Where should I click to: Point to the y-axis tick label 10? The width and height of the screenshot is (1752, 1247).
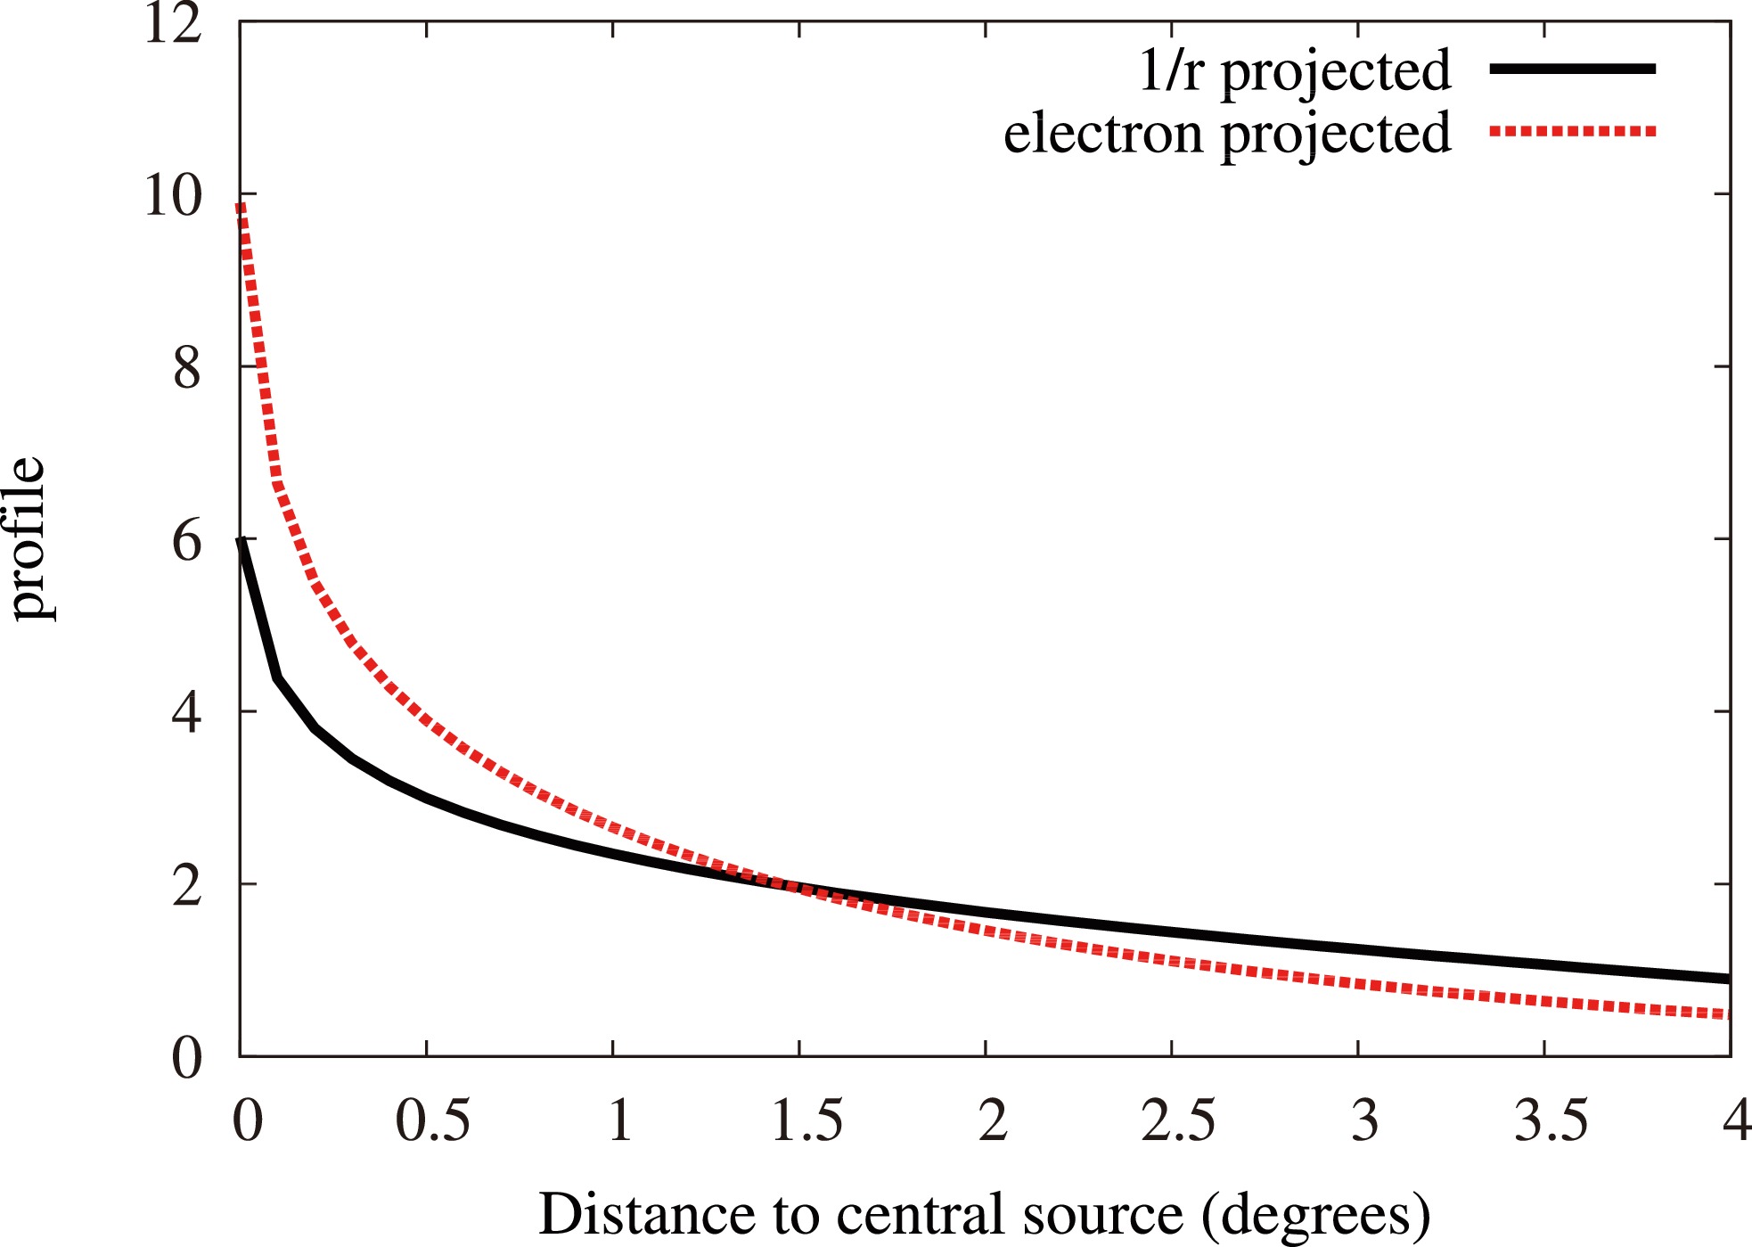coord(173,195)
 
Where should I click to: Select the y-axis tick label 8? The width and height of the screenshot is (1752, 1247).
coord(187,368)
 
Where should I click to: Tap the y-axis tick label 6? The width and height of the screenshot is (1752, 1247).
coord(187,541)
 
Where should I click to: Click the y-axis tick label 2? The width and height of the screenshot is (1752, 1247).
coord(187,886)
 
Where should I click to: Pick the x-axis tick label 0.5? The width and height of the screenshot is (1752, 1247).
coord(432,1120)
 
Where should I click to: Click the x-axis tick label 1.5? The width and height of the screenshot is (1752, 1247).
coord(806,1120)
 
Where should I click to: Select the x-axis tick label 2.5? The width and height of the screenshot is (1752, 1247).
coord(1178,1120)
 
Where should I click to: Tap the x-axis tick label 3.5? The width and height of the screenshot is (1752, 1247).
coord(1551,1120)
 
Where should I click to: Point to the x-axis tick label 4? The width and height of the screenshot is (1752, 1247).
coord(1736,1120)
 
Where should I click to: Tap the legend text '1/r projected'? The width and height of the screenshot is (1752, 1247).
coord(1295,70)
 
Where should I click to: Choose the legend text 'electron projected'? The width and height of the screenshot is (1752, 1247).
coord(1227,135)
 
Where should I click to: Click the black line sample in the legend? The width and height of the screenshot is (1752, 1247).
coord(1572,69)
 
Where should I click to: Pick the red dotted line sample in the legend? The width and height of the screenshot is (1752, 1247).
coord(1572,132)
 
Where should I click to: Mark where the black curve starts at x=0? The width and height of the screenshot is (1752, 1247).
coord(241,540)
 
